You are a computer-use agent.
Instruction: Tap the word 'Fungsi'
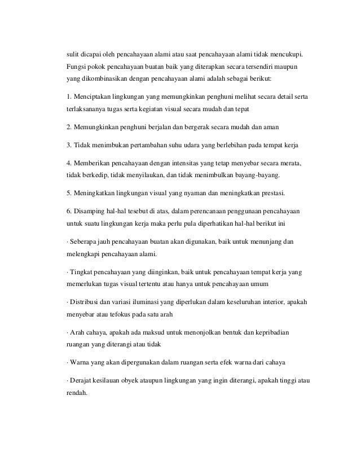click(77, 67)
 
